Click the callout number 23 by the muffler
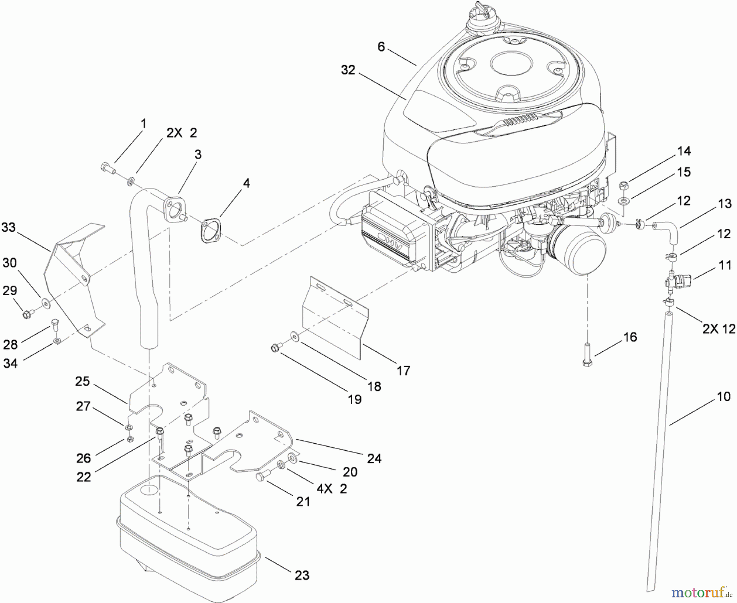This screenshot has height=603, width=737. pyautogui.click(x=302, y=575)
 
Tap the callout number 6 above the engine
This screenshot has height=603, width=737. pyautogui.click(x=381, y=47)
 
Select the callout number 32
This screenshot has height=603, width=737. pyautogui.click(x=348, y=70)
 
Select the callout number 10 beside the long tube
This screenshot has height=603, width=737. pyautogui.click(x=723, y=397)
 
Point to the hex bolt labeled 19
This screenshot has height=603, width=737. pyautogui.click(x=276, y=348)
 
